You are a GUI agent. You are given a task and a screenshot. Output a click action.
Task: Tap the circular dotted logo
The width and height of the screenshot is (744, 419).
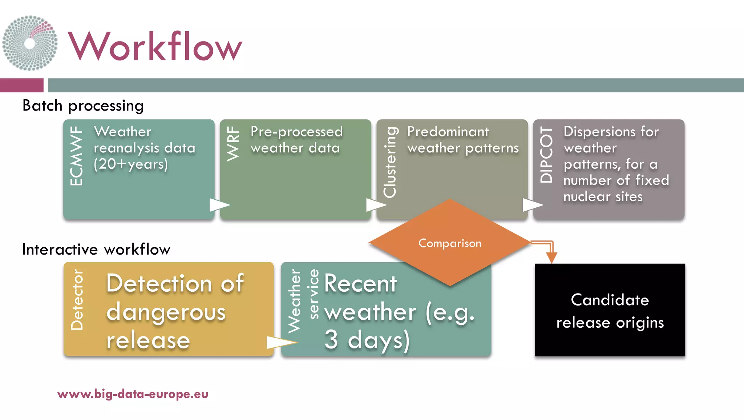[x=30, y=43]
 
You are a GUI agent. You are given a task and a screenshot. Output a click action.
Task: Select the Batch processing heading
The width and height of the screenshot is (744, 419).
[x=83, y=105]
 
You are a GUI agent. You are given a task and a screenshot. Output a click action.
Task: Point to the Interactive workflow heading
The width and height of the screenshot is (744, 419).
[x=96, y=250]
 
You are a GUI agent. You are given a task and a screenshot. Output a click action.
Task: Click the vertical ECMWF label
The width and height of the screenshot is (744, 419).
[x=76, y=156]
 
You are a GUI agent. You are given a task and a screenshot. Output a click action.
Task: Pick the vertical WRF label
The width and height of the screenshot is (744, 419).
[x=233, y=144]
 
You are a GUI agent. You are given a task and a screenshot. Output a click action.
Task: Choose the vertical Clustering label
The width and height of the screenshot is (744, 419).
[x=390, y=162]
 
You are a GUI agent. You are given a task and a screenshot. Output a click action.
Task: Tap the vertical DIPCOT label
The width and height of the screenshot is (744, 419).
[x=546, y=155]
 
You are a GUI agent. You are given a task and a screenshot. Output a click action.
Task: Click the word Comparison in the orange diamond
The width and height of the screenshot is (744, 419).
[x=450, y=243]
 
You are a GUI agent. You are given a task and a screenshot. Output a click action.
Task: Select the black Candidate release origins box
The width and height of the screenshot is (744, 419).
[x=610, y=310]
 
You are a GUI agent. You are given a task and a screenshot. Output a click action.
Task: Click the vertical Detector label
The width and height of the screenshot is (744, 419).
[x=77, y=300]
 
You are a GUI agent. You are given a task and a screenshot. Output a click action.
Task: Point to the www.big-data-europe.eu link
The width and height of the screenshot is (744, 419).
[x=133, y=394]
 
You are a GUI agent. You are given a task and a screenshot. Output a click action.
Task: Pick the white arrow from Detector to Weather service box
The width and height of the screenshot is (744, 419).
[x=280, y=342]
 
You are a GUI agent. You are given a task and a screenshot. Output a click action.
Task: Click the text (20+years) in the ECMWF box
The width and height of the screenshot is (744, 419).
[x=131, y=164]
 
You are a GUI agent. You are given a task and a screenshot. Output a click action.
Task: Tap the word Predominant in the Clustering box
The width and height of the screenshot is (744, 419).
[x=448, y=132]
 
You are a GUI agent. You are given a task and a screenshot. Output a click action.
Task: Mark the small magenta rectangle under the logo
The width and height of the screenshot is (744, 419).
[x=21, y=85]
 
